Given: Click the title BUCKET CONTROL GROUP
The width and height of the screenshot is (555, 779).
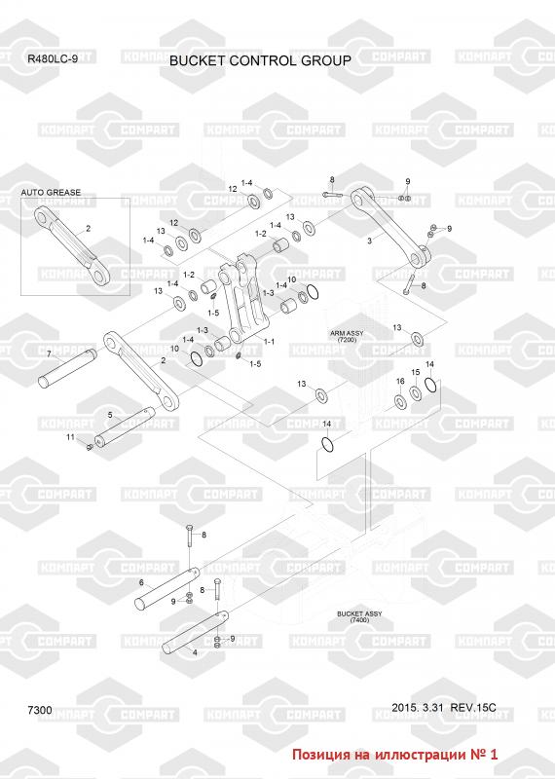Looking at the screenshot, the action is point(260,60).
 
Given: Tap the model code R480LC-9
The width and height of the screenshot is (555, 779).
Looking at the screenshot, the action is point(53,59).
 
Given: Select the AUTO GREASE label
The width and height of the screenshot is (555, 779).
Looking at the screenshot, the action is point(51,192).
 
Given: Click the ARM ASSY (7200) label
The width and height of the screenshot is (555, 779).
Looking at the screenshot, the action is point(347,336).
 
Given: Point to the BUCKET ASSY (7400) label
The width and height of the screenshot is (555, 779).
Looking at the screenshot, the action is point(359,617).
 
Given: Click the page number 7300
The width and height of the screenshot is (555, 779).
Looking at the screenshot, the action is point(40,710).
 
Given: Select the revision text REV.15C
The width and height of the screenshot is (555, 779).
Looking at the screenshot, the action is point(472,708).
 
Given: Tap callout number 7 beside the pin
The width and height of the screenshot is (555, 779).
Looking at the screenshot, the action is point(49,354).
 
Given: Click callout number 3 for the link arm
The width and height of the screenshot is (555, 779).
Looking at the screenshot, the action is point(369,241).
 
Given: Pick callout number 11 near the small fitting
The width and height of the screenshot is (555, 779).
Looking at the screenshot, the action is point(70,437).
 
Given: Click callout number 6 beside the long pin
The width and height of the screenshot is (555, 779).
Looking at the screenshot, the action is point(141,582).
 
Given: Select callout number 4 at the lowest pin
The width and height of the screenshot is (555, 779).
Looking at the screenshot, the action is point(195,652).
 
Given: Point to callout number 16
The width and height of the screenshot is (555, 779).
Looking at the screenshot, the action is point(400,382).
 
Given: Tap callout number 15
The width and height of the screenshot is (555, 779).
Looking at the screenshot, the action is point(416,372).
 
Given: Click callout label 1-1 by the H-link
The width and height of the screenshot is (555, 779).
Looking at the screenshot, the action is point(269,342).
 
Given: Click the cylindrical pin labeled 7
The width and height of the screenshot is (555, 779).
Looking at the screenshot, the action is point(67,368).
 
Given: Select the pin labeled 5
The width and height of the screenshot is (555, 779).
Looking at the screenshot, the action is point(125,427).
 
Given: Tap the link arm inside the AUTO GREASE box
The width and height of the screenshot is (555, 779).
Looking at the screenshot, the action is point(73,245).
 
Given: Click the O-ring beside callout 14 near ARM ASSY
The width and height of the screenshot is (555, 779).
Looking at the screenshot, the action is point(431,384).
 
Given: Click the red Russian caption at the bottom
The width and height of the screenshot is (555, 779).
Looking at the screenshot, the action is point(394,754).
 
